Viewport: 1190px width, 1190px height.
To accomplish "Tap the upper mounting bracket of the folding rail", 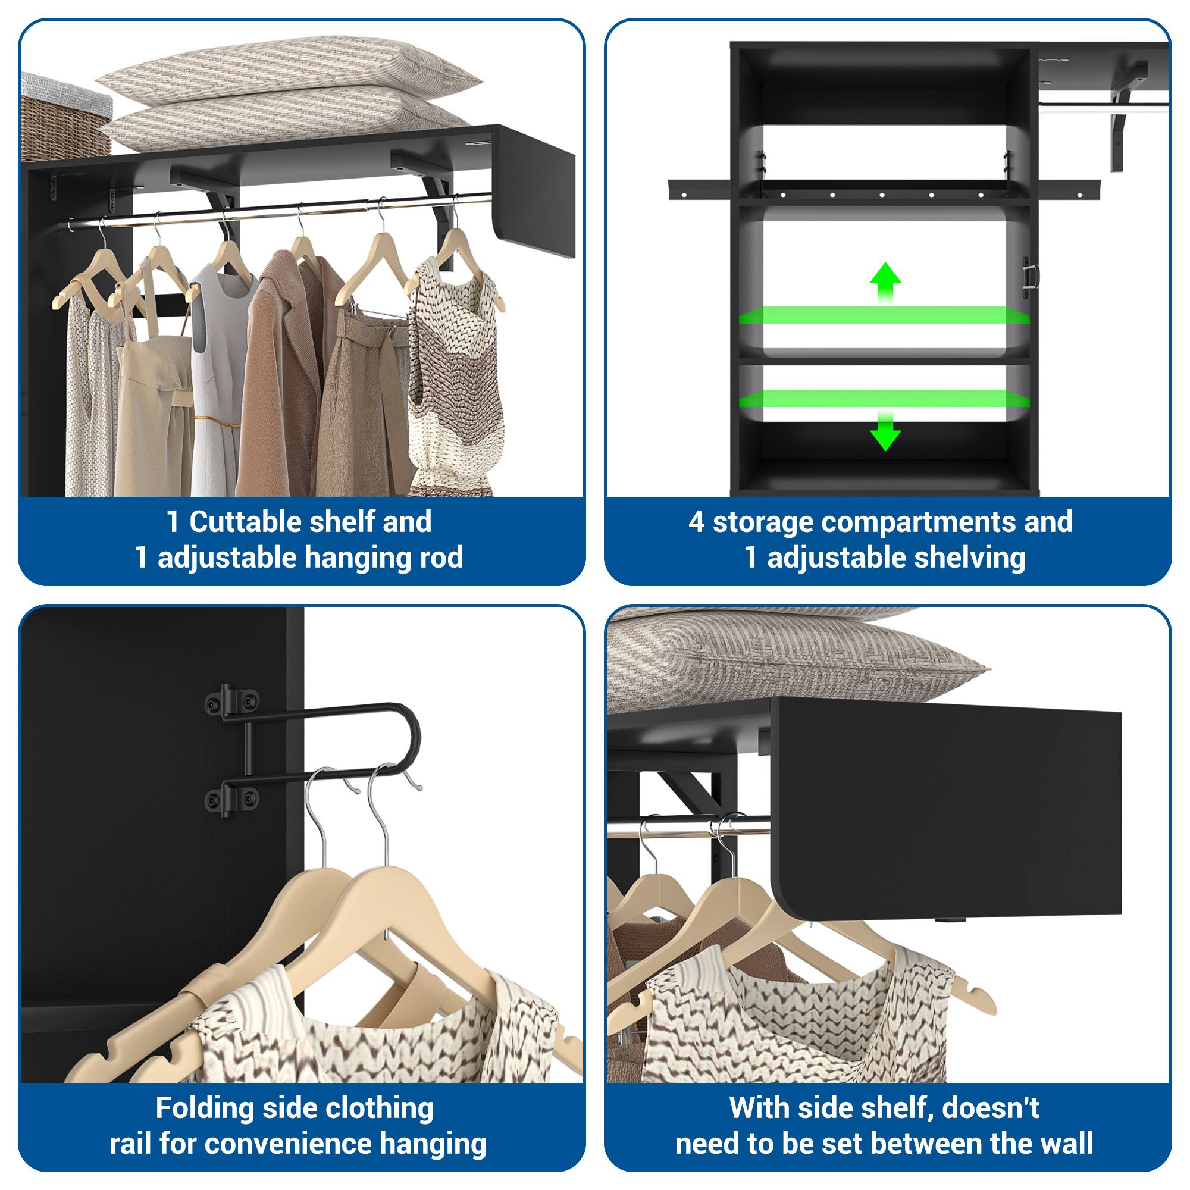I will tap(231, 700).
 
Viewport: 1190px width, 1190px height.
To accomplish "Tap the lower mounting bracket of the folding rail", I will tap(231, 798).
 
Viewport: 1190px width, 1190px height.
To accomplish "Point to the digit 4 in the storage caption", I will tap(696, 522).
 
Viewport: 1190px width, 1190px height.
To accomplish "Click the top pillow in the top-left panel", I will tap(290, 68).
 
